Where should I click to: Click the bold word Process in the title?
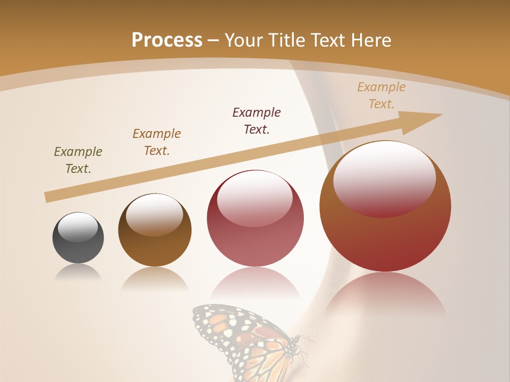(x=167, y=40)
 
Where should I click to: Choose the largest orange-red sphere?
(x=385, y=233)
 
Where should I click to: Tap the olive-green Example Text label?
(x=78, y=160)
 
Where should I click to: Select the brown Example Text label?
(x=157, y=142)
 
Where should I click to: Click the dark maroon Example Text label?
(x=257, y=120)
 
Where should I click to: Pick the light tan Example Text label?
(x=381, y=95)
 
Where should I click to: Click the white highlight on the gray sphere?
(x=78, y=227)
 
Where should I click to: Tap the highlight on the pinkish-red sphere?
(x=255, y=196)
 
